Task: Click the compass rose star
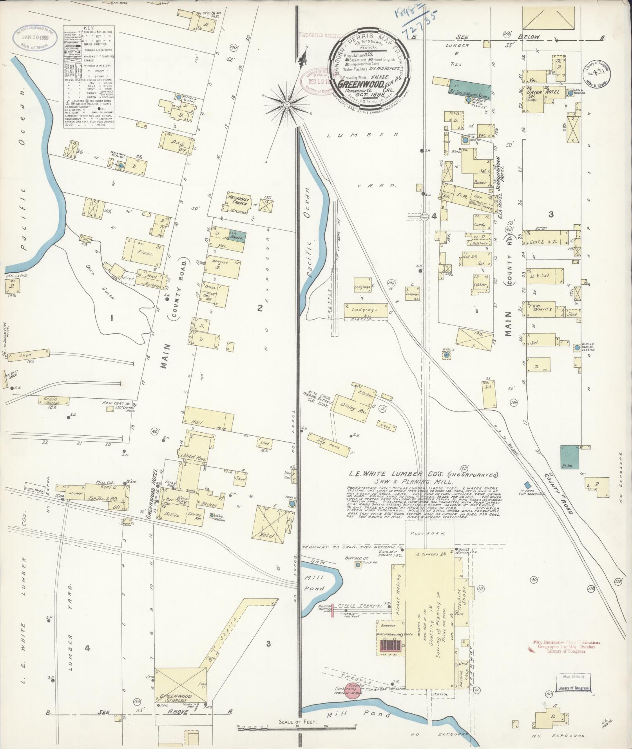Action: coord(286,105)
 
